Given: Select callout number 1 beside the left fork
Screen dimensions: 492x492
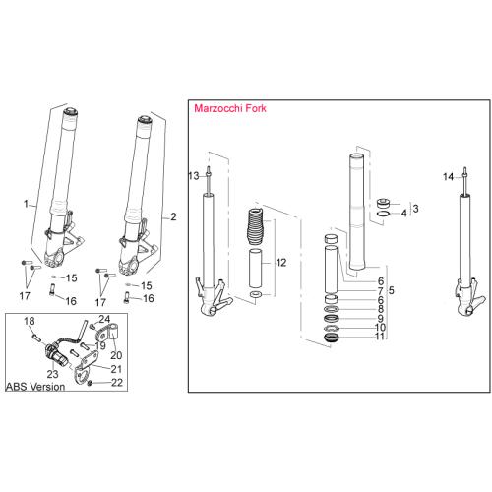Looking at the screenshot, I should click(x=27, y=202).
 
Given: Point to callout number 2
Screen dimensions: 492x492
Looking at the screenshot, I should click(x=173, y=216).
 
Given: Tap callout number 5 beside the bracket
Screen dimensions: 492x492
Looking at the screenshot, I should click(x=392, y=290).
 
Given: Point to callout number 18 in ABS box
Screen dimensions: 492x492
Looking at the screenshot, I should click(x=29, y=322).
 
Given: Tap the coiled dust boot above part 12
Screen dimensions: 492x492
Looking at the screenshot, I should click(x=255, y=232).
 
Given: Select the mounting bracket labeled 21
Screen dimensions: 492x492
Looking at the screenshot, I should click(x=99, y=370).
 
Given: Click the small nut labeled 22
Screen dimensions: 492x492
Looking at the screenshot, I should click(x=92, y=384).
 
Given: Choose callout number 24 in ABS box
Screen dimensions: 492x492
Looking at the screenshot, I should click(x=104, y=319).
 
